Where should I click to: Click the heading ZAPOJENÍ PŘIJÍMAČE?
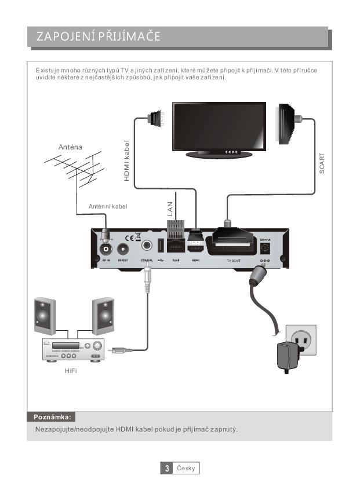(x=99, y=38)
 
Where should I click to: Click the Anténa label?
(x=70, y=147)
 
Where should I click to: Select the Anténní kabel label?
(x=107, y=206)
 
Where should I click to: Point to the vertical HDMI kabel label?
(x=127, y=160)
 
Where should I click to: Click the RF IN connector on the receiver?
(x=106, y=250)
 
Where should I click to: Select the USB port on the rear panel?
(x=161, y=246)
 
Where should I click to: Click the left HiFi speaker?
(x=45, y=316)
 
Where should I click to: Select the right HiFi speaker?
(x=103, y=316)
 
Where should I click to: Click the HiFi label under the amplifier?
(x=71, y=371)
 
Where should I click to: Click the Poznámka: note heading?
(x=52, y=416)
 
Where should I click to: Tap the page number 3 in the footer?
(x=167, y=468)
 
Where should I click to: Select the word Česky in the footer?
(x=186, y=468)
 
